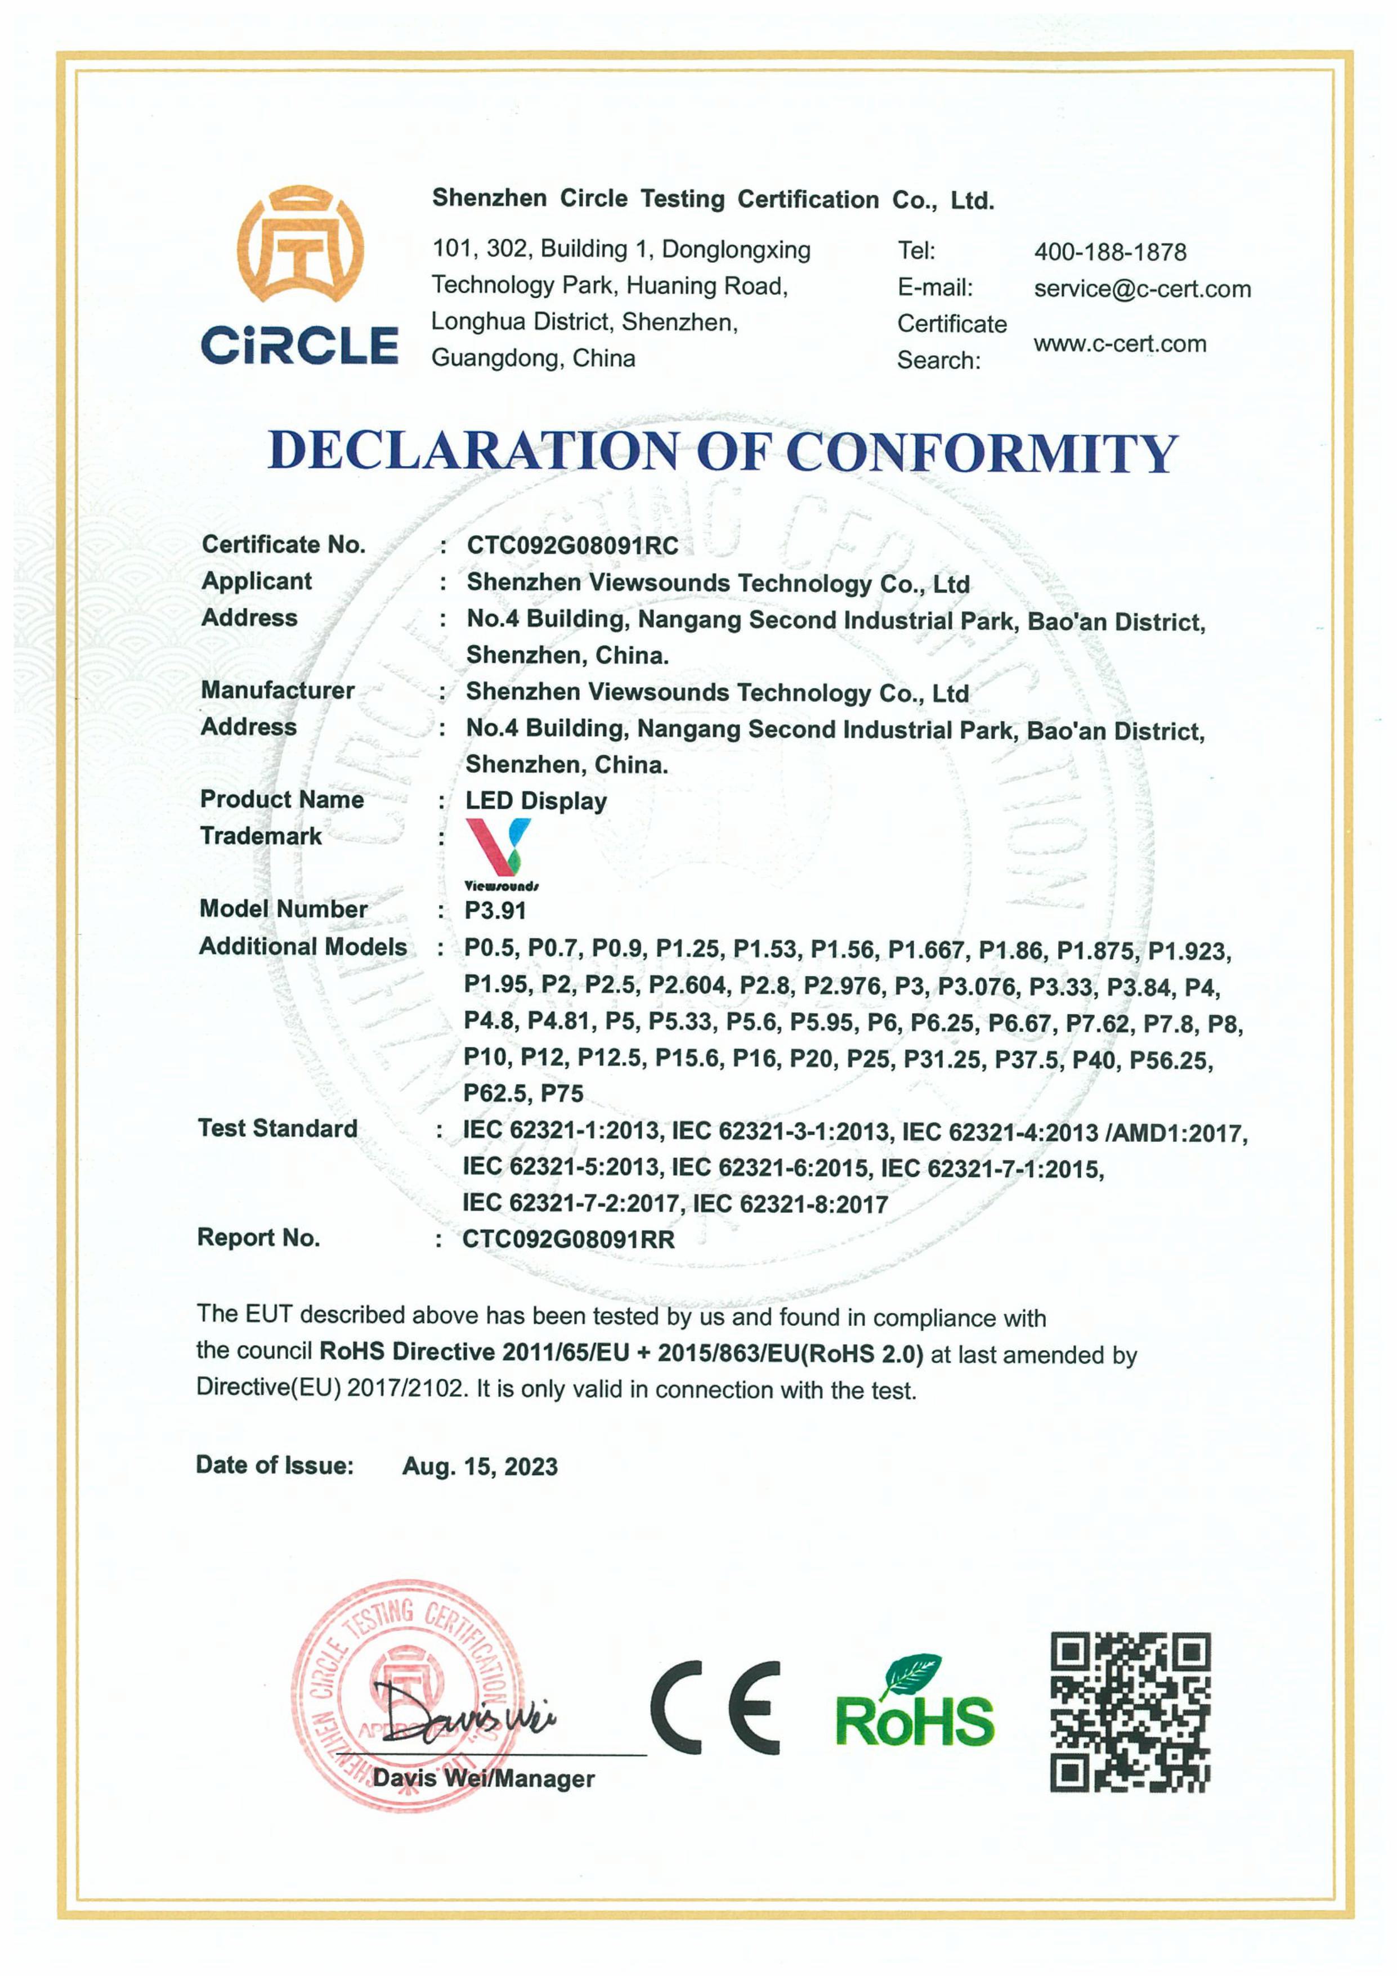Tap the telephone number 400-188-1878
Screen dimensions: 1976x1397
(x=1109, y=252)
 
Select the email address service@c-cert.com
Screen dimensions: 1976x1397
(x=1142, y=289)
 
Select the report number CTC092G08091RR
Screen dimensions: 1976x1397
(x=568, y=1239)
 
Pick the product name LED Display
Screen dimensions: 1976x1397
(x=535, y=801)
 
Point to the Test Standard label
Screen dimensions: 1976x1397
(x=277, y=1128)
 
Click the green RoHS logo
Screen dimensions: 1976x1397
(x=914, y=1704)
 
